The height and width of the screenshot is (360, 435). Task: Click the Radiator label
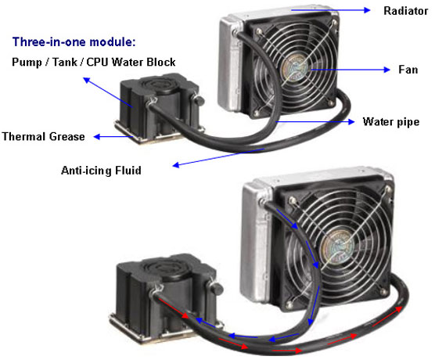405,11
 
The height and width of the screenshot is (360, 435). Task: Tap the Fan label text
408,70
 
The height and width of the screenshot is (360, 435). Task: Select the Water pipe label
391,122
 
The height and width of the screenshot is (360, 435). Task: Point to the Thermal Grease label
43,136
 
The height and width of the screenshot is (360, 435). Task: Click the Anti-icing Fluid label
101,170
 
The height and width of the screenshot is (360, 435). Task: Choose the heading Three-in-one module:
74,42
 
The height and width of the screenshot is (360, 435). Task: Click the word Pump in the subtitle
27,62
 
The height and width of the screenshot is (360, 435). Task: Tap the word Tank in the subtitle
65,62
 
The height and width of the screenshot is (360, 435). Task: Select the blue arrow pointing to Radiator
330,10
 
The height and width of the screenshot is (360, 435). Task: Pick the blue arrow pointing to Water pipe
315,121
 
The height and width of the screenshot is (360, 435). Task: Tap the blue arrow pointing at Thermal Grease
113,136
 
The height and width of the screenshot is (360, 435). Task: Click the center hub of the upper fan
295,68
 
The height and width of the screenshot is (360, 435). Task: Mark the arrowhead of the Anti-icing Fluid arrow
175,165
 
